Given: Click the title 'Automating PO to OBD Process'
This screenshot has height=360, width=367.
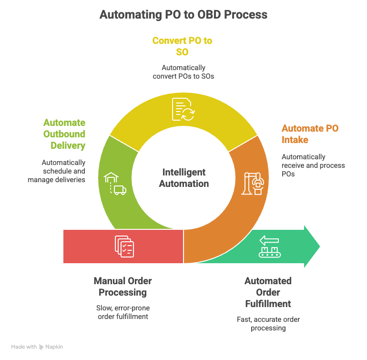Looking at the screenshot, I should tap(183, 15).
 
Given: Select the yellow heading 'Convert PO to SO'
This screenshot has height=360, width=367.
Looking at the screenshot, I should tap(182, 46).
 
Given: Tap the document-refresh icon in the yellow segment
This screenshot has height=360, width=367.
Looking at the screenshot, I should tap(183, 110).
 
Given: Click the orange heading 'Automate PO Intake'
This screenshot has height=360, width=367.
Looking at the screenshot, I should tap(310, 134).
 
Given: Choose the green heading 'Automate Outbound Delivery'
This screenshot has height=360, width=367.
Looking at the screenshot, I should tap(64, 134).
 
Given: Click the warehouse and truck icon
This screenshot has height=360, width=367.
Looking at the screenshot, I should tap(115, 184).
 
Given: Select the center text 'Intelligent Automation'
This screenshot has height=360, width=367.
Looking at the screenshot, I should tap(183, 177).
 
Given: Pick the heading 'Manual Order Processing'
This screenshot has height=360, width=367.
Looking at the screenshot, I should tap(122, 286).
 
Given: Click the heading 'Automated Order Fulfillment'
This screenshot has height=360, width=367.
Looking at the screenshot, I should tap(268, 292).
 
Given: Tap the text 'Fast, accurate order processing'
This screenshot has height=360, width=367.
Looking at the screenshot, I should tap(268, 323).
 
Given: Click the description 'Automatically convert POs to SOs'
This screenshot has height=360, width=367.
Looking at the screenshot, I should tap(183, 72).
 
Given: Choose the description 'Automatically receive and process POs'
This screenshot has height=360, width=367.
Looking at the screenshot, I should tap(313, 165).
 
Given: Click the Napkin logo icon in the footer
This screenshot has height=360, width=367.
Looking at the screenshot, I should tap(41, 347).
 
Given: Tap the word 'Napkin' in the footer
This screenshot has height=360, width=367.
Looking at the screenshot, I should tap(54, 347).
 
